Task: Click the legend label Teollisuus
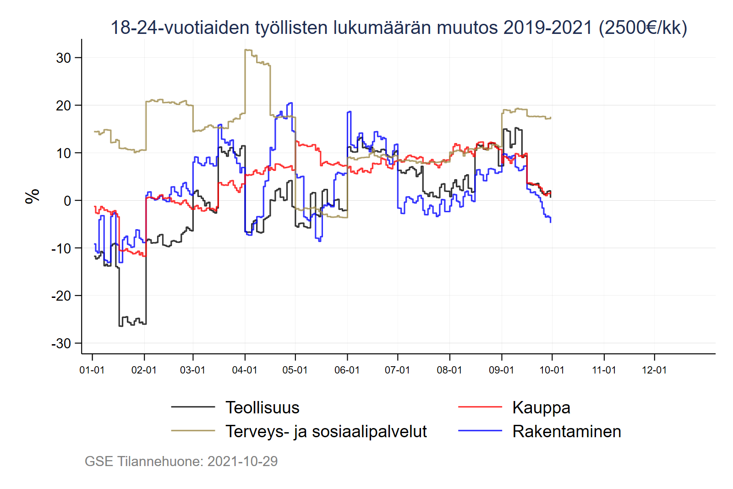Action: [x=262, y=407]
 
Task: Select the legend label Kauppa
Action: [x=541, y=407]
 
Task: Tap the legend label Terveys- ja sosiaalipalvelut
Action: [x=326, y=431]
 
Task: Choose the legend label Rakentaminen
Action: [x=566, y=431]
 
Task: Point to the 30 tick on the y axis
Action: [x=64, y=58]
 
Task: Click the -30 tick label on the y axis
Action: [x=61, y=343]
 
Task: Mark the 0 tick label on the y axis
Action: [x=67, y=201]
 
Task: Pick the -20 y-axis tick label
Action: [x=61, y=296]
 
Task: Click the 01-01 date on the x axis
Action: [x=92, y=370]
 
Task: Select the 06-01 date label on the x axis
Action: [x=347, y=370]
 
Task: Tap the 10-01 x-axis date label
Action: [x=552, y=370]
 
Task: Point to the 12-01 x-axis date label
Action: [x=654, y=370]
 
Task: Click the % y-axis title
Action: [x=33, y=196]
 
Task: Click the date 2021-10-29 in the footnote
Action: [x=242, y=461]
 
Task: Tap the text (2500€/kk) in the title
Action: [x=643, y=27]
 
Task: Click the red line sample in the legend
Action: [x=480, y=407]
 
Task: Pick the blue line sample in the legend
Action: [x=480, y=430]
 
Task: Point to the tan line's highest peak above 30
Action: [x=248, y=50]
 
